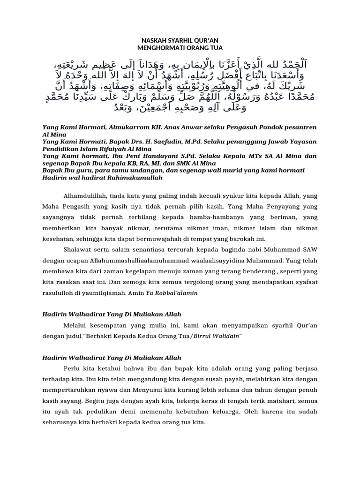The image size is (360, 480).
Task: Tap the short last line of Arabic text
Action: [x=180, y=107]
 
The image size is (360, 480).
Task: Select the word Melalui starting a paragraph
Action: [x=75, y=325]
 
